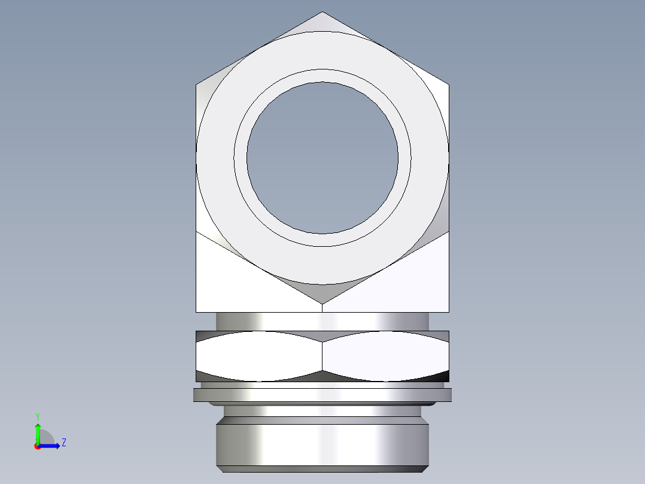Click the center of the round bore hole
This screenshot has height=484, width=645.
(322, 158)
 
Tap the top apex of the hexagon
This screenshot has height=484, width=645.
(322, 12)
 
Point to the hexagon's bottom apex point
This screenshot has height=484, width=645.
(322, 303)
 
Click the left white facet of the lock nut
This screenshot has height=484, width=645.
(258, 356)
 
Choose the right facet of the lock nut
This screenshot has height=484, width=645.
(386, 356)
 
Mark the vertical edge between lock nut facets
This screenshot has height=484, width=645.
(322, 356)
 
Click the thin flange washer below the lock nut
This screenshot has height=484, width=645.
(322, 395)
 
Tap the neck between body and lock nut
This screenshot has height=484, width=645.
(322, 321)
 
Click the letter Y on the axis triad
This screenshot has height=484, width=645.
(37, 415)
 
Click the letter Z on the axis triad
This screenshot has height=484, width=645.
(63, 443)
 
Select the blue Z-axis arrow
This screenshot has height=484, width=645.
(51, 446)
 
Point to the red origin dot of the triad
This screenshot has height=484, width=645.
(37, 446)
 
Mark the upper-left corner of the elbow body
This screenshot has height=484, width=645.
(197, 84)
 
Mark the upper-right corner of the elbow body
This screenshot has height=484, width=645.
(448, 84)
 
